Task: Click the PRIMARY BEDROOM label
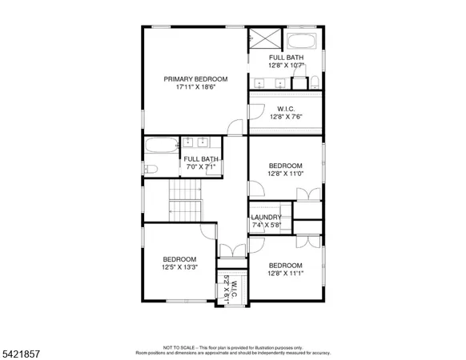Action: point(195,78)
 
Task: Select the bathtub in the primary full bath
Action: point(302,40)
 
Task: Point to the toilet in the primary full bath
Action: point(315,82)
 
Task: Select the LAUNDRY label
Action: point(266,217)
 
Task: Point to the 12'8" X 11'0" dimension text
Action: point(285,174)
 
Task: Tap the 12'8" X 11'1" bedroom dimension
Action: point(285,274)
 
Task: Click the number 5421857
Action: point(24,351)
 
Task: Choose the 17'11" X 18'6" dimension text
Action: point(195,87)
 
